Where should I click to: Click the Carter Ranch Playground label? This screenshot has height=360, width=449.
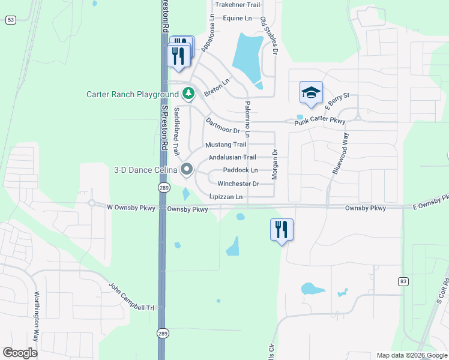coord(133,94)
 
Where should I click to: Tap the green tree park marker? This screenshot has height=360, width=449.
coord(188,94)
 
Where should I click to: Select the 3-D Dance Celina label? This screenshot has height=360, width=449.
coord(146,170)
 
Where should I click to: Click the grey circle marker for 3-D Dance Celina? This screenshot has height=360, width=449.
coord(187,170)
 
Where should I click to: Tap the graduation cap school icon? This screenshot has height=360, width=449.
coord(311,93)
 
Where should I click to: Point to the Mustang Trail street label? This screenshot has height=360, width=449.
coord(226,145)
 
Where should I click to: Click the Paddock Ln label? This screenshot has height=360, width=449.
coord(240,170)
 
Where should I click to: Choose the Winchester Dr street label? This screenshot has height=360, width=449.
coord(238,184)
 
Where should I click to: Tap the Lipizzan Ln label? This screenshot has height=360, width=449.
coord(226,197)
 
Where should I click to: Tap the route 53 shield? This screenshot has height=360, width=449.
coord(11,20)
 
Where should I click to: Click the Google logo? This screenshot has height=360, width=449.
coord(20,352)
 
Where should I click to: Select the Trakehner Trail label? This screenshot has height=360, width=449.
coord(238,5)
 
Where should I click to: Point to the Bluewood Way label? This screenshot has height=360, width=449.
coord(340,154)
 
